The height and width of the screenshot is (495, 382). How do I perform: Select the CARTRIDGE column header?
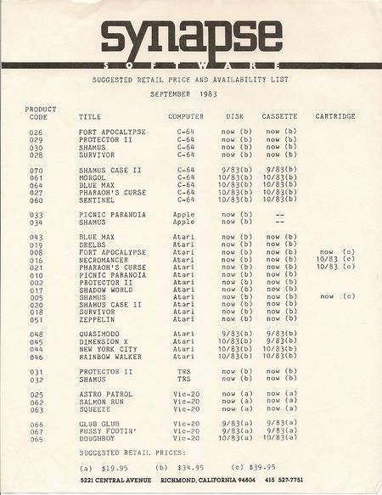[x=335, y=115]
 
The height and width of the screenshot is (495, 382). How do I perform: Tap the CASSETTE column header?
[x=279, y=115]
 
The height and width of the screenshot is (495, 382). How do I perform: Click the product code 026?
[x=36, y=132]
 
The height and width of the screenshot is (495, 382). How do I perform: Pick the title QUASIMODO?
[x=100, y=335]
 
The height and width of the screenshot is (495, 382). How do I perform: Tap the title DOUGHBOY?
[x=97, y=438]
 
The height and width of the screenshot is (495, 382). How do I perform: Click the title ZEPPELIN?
[x=97, y=319]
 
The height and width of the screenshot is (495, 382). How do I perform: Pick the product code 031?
[x=36, y=372]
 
